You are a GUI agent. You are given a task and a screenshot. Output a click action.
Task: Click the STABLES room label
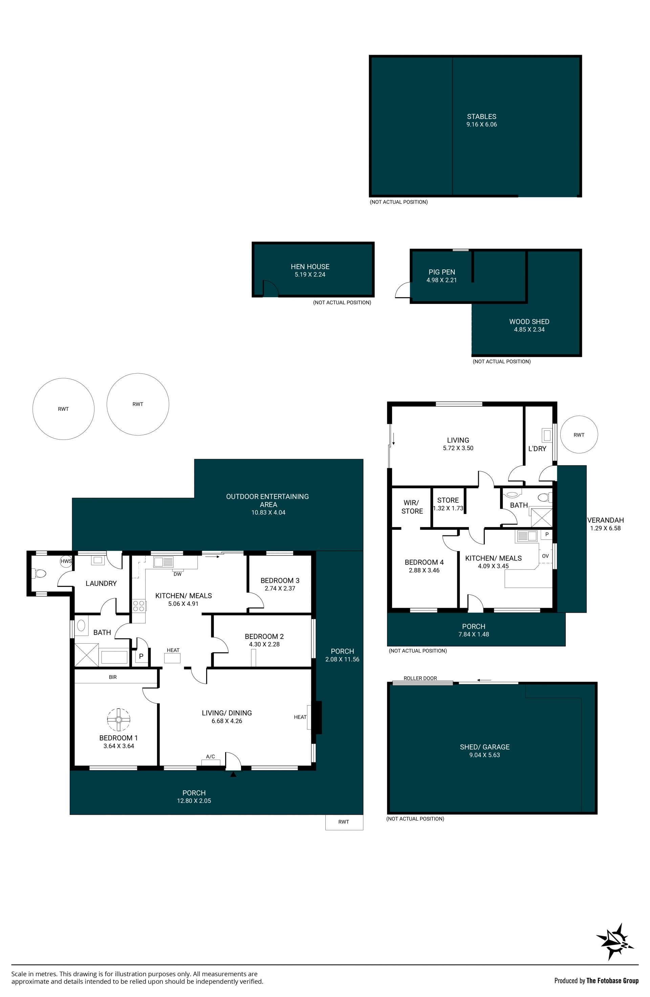pyautogui.click(x=481, y=116)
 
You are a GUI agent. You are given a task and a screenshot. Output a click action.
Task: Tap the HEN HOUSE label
pyautogui.click(x=310, y=266)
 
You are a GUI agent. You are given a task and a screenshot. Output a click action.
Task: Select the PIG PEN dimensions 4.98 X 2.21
pyautogui.click(x=441, y=280)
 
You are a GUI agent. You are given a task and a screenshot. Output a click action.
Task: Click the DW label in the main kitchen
pyautogui.click(x=177, y=574)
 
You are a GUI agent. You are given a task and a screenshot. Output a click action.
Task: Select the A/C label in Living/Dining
pyautogui.click(x=211, y=756)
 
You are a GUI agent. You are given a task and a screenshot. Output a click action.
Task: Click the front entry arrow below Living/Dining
pyautogui.click(x=233, y=775)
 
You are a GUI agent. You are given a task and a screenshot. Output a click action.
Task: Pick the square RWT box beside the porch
pyautogui.click(x=344, y=822)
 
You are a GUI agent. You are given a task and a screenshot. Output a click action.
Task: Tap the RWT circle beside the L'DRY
pyautogui.click(x=579, y=434)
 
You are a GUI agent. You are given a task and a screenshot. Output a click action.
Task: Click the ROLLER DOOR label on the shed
pyautogui.click(x=420, y=678)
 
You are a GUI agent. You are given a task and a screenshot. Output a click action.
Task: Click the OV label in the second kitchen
pyautogui.click(x=545, y=556)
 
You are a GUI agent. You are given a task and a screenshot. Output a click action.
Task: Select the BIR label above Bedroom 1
pyautogui.click(x=113, y=677)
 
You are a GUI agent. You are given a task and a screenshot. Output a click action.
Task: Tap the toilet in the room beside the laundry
pyautogui.click(x=39, y=573)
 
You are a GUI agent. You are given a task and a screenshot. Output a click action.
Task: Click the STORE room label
pyautogui.click(x=448, y=500)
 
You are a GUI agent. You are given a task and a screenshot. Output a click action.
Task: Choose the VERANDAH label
pyautogui.click(x=605, y=520)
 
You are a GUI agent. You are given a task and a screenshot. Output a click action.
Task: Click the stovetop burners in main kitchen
pyautogui.click(x=139, y=606)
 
